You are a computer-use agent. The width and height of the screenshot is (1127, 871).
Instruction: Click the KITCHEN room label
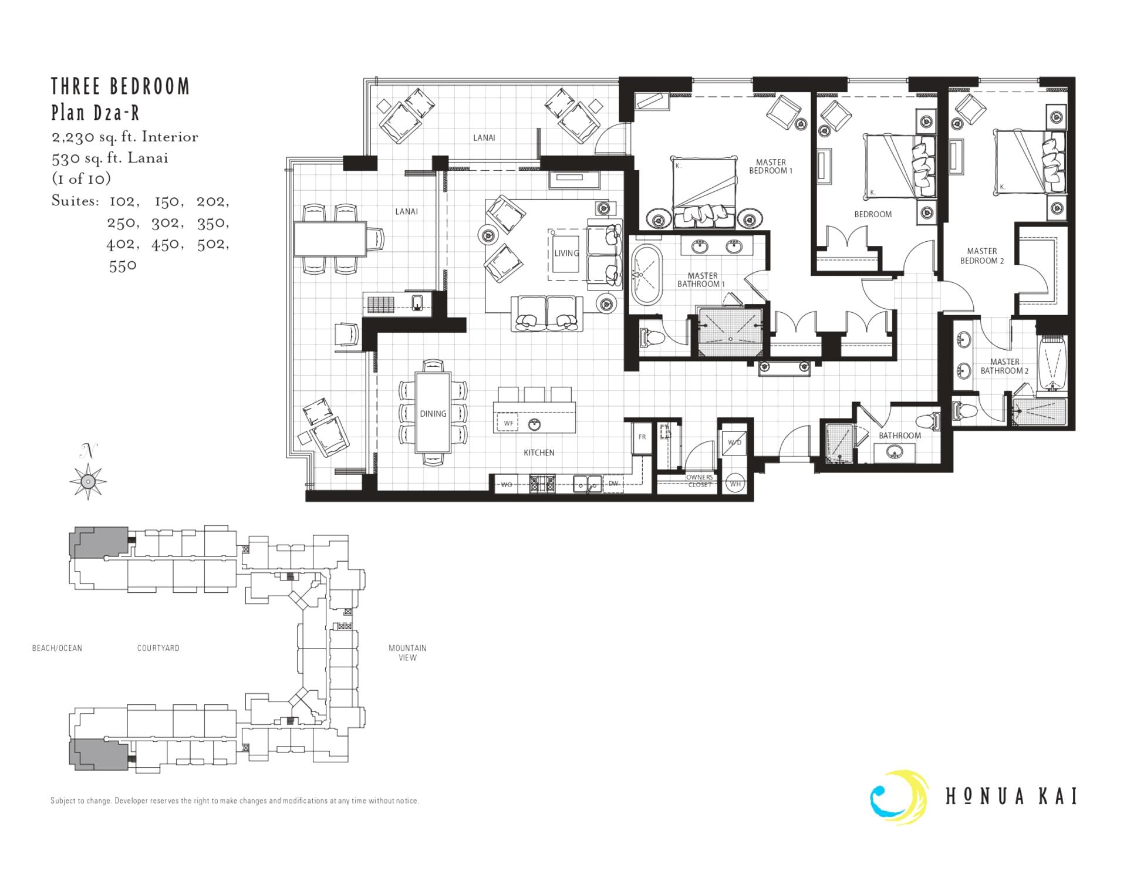tap(538, 453)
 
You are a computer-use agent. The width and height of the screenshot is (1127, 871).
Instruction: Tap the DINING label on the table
tap(433, 414)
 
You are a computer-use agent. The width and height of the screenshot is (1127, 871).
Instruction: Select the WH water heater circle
tap(735, 484)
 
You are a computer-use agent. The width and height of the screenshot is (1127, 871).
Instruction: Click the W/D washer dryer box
tap(734, 443)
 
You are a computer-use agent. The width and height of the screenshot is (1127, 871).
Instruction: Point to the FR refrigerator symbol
tap(642, 437)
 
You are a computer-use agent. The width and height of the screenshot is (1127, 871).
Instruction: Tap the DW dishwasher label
tap(613, 484)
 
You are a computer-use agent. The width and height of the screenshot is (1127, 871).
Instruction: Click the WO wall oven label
tap(506, 485)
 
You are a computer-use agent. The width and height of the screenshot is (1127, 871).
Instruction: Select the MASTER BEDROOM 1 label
tap(771, 167)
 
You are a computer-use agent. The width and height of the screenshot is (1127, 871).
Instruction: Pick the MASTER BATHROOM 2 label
tap(1004, 366)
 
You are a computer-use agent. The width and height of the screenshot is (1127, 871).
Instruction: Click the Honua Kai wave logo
tap(899, 798)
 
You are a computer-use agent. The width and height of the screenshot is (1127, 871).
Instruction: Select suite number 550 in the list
tap(123, 265)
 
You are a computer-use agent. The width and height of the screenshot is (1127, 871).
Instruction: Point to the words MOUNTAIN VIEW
tap(407, 653)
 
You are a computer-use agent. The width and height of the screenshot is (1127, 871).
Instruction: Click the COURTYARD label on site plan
tap(158, 648)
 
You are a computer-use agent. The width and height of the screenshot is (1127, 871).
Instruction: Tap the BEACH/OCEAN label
tap(57, 648)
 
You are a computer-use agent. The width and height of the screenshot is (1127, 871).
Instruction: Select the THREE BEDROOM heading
tap(120, 86)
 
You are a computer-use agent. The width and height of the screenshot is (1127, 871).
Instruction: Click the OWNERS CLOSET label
tap(699, 481)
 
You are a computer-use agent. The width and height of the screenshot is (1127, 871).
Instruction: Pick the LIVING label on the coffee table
tap(566, 254)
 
